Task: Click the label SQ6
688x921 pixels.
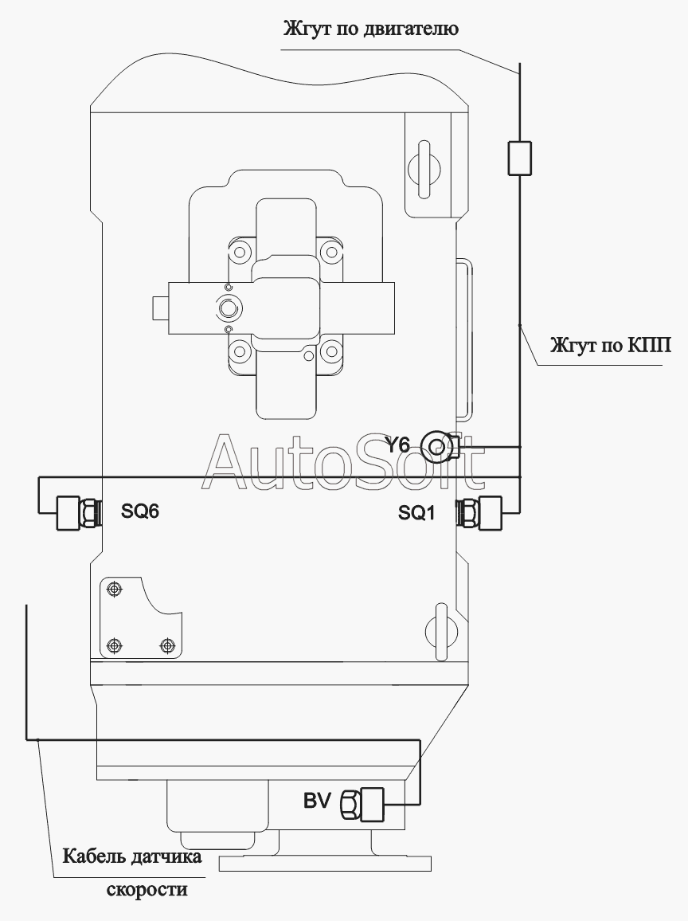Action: [x=139, y=511]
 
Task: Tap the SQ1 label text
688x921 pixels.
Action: [x=416, y=513]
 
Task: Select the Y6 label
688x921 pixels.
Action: [x=397, y=445]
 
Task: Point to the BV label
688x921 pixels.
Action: [x=318, y=801]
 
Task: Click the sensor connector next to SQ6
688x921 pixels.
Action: [x=78, y=513]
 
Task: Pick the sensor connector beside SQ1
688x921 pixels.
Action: [x=479, y=513]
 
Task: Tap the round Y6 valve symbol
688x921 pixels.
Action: [x=436, y=448]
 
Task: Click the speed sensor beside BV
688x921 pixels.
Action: [x=362, y=804]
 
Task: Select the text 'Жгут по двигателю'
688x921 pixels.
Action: [x=371, y=28]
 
